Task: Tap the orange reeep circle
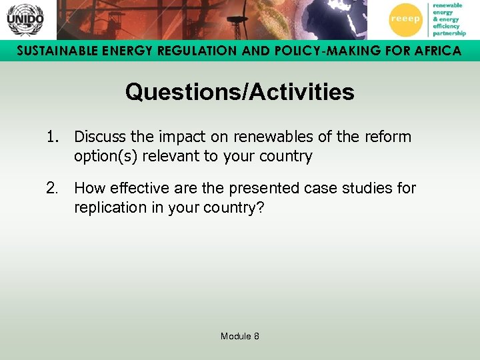405,19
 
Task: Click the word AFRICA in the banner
434,51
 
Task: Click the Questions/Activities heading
239,92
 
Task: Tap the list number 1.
53,137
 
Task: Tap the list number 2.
53,188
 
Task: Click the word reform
389,137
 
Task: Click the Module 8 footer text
240,336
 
